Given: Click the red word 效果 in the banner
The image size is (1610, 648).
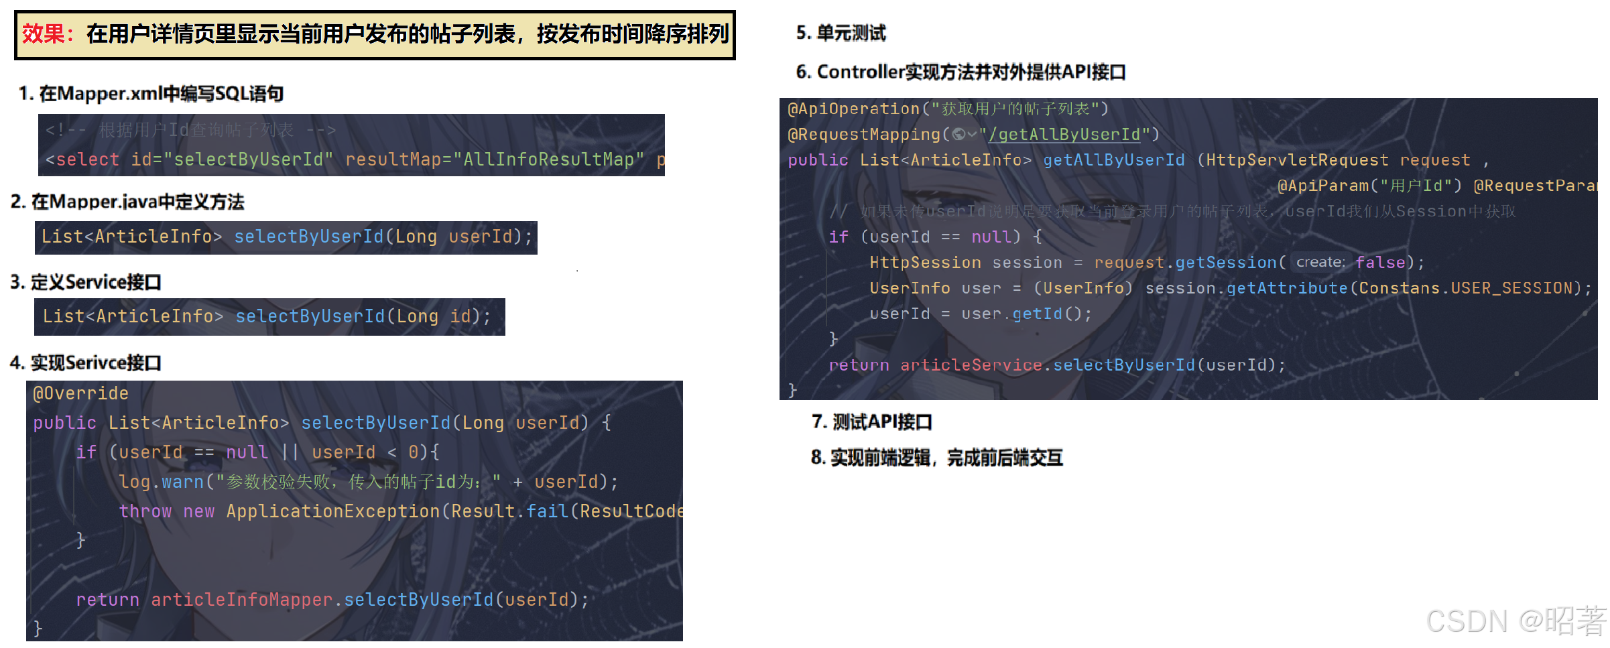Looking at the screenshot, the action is click(x=44, y=34).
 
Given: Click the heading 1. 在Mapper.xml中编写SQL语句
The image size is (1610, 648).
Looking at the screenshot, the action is click(x=151, y=94).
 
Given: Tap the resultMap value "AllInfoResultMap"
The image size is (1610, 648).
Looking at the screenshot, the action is click(x=548, y=159).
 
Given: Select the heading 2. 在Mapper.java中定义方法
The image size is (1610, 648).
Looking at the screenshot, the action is click(x=127, y=202).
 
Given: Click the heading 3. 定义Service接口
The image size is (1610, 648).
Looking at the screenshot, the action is click(x=86, y=282).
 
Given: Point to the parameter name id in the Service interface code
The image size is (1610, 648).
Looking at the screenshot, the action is click(x=460, y=316).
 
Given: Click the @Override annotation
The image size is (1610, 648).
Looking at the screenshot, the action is click(x=80, y=393).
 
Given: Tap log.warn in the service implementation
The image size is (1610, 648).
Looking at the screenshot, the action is click(x=161, y=482).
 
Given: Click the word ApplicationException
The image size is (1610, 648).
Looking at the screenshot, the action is click(x=332, y=511).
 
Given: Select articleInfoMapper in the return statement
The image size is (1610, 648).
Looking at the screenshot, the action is click(x=241, y=600).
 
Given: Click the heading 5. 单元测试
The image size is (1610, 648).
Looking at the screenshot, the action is click(x=841, y=33).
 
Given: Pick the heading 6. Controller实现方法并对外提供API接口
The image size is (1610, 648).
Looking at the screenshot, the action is click(x=961, y=72).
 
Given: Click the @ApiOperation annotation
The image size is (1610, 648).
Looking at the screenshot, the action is click(x=853, y=109).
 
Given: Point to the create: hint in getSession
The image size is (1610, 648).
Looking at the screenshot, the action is click(x=1320, y=263).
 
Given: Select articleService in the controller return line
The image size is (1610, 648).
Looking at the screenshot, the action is click(x=971, y=365).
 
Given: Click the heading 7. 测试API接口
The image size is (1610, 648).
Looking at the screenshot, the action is click(x=871, y=422).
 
